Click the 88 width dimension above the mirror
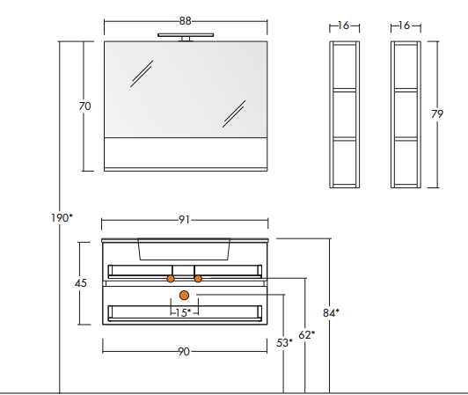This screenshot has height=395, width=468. pos(185,21)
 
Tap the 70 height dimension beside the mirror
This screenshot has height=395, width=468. pos(84,106)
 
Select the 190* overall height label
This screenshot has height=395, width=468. pos(62,218)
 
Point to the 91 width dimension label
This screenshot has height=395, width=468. pos(184,220)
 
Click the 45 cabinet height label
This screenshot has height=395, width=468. pos(81,282)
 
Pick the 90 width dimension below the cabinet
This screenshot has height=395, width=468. pos(184,351)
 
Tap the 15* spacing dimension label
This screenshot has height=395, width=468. pos(183,312)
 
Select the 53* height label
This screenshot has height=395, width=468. pos(284,343)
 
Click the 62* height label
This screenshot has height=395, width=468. pos(306,334)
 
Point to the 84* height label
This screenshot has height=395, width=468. pos(331,312)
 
